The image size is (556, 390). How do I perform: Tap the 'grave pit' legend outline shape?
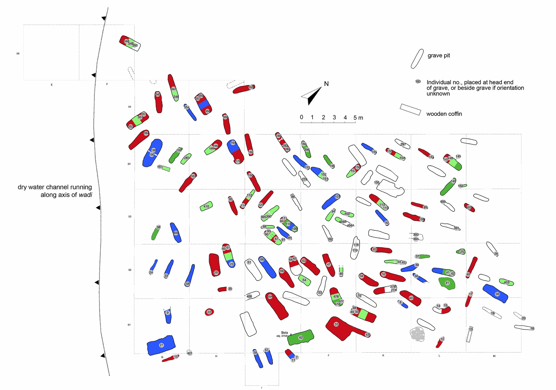pyautogui.click(x=417, y=59)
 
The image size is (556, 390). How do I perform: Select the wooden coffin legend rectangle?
pyautogui.click(x=410, y=109)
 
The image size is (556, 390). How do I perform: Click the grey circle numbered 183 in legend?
pyautogui.click(x=418, y=82)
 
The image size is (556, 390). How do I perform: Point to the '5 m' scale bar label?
pyautogui.click(x=358, y=118)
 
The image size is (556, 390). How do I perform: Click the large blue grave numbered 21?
pyautogui.click(x=161, y=345)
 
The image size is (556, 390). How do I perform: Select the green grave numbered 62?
pyautogui.click(x=301, y=337)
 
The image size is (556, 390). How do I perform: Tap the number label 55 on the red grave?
pyautogui.click(x=336, y=324)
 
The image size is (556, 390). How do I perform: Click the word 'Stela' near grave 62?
pyautogui.click(x=284, y=333)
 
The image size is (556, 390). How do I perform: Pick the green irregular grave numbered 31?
pyautogui.click(x=447, y=283)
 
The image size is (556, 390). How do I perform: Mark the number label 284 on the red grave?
pyautogui.click(x=146, y=133)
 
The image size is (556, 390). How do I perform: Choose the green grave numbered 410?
pyautogui.click(x=206, y=206)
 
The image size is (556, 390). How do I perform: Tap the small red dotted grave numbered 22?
pyautogui.click(x=209, y=312)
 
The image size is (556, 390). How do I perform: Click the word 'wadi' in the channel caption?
pyautogui.click(x=85, y=195)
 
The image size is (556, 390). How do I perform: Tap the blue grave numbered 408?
pyautogui.click(x=175, y=233)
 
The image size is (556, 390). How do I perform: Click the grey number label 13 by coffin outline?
pyautogui.click(x=471, y=329)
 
